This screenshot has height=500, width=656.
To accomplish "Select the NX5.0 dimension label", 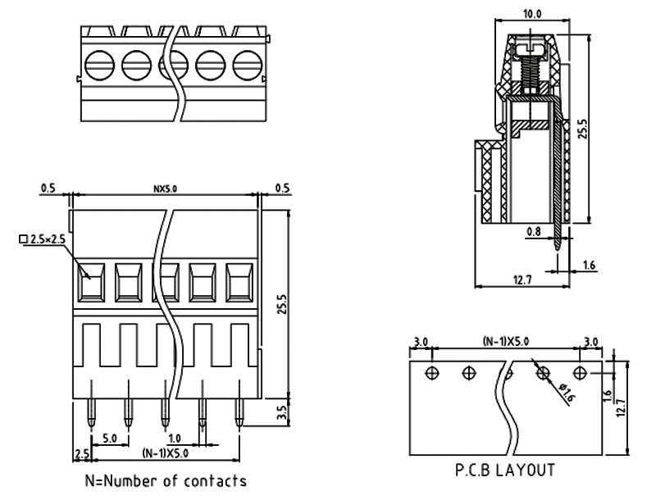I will [x=166, y=189].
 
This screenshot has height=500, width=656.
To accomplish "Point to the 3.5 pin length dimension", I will [x=283, y=411].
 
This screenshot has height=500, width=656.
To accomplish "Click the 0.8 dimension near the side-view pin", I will [x=533, y=231].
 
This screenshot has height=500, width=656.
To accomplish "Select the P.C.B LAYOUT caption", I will [x=505, y=470].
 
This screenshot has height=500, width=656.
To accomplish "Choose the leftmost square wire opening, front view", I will [x=92, y=283].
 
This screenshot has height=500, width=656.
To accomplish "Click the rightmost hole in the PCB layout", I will [x=579, y=373].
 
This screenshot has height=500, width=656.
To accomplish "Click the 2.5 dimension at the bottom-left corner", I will [x=81, y=453].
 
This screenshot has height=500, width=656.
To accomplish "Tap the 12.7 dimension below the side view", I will [x=522, y=280].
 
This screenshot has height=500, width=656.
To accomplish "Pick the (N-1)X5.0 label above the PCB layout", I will [x=505, y=341].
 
